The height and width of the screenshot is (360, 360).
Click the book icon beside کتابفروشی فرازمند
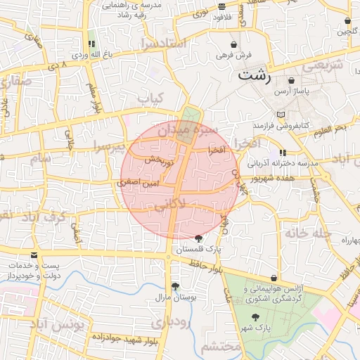pyautogui.click(x=282, y=115)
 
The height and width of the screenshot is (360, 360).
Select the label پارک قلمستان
pyautogui.click(x=198, y=250)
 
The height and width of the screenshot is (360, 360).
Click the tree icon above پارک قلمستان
pyautogui.click(x=199, y=238)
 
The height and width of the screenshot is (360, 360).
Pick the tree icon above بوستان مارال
pyautogui.click(x=174, y=286)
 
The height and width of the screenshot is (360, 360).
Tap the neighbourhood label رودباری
pyautogui.click(x=170, y=324)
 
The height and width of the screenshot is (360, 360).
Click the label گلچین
pyautogui.click(x=347, y=32)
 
